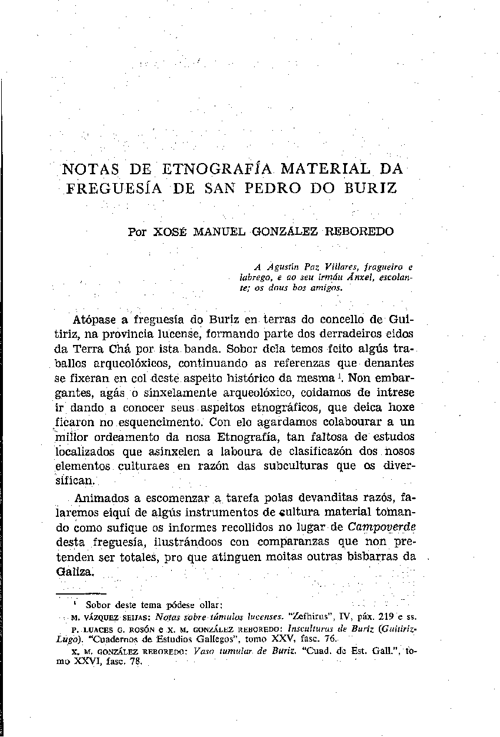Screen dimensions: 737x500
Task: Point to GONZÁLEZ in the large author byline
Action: pyautogui.click(x=285, y=232)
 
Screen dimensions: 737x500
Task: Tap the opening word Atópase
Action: pyautogui.click(x=96, y=321)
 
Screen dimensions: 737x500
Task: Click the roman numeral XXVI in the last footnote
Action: pyautogui.click(x=91, y=662)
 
